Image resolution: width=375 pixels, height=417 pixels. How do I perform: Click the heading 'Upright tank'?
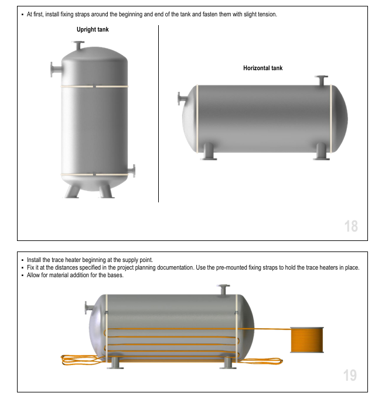tap(93, 29)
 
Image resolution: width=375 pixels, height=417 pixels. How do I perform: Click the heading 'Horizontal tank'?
tap(263, 68)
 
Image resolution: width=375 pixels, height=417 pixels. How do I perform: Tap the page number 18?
tap(351, 226)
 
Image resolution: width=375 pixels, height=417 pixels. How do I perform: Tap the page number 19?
tap(350, 375)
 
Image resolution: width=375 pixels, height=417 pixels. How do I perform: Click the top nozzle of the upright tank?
tap(78, 45)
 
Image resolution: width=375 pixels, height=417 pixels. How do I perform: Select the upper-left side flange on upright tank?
tap(56, 70)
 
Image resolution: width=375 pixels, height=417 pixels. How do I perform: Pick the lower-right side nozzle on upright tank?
tap(131, 171)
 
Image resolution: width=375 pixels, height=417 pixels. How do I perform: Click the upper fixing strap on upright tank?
tap(94, 86)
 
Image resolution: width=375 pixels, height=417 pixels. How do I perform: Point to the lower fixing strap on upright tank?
tap(94, 174)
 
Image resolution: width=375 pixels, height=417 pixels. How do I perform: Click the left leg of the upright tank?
tap(72, 191)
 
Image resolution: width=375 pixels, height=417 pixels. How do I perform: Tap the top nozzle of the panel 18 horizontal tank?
tap(322, 81)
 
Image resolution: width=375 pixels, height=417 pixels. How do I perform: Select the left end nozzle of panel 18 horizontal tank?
tap(182, 99)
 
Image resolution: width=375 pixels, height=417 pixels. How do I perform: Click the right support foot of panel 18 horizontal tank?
tap(321, 151)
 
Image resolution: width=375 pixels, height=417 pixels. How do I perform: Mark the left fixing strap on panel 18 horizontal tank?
tap(197, 119)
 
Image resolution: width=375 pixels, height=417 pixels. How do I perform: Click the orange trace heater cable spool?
tap(307, 340)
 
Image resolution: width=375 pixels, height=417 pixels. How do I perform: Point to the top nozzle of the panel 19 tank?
tap(223, 290)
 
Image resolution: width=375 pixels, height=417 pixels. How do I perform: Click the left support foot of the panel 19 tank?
tap(115, 363)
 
